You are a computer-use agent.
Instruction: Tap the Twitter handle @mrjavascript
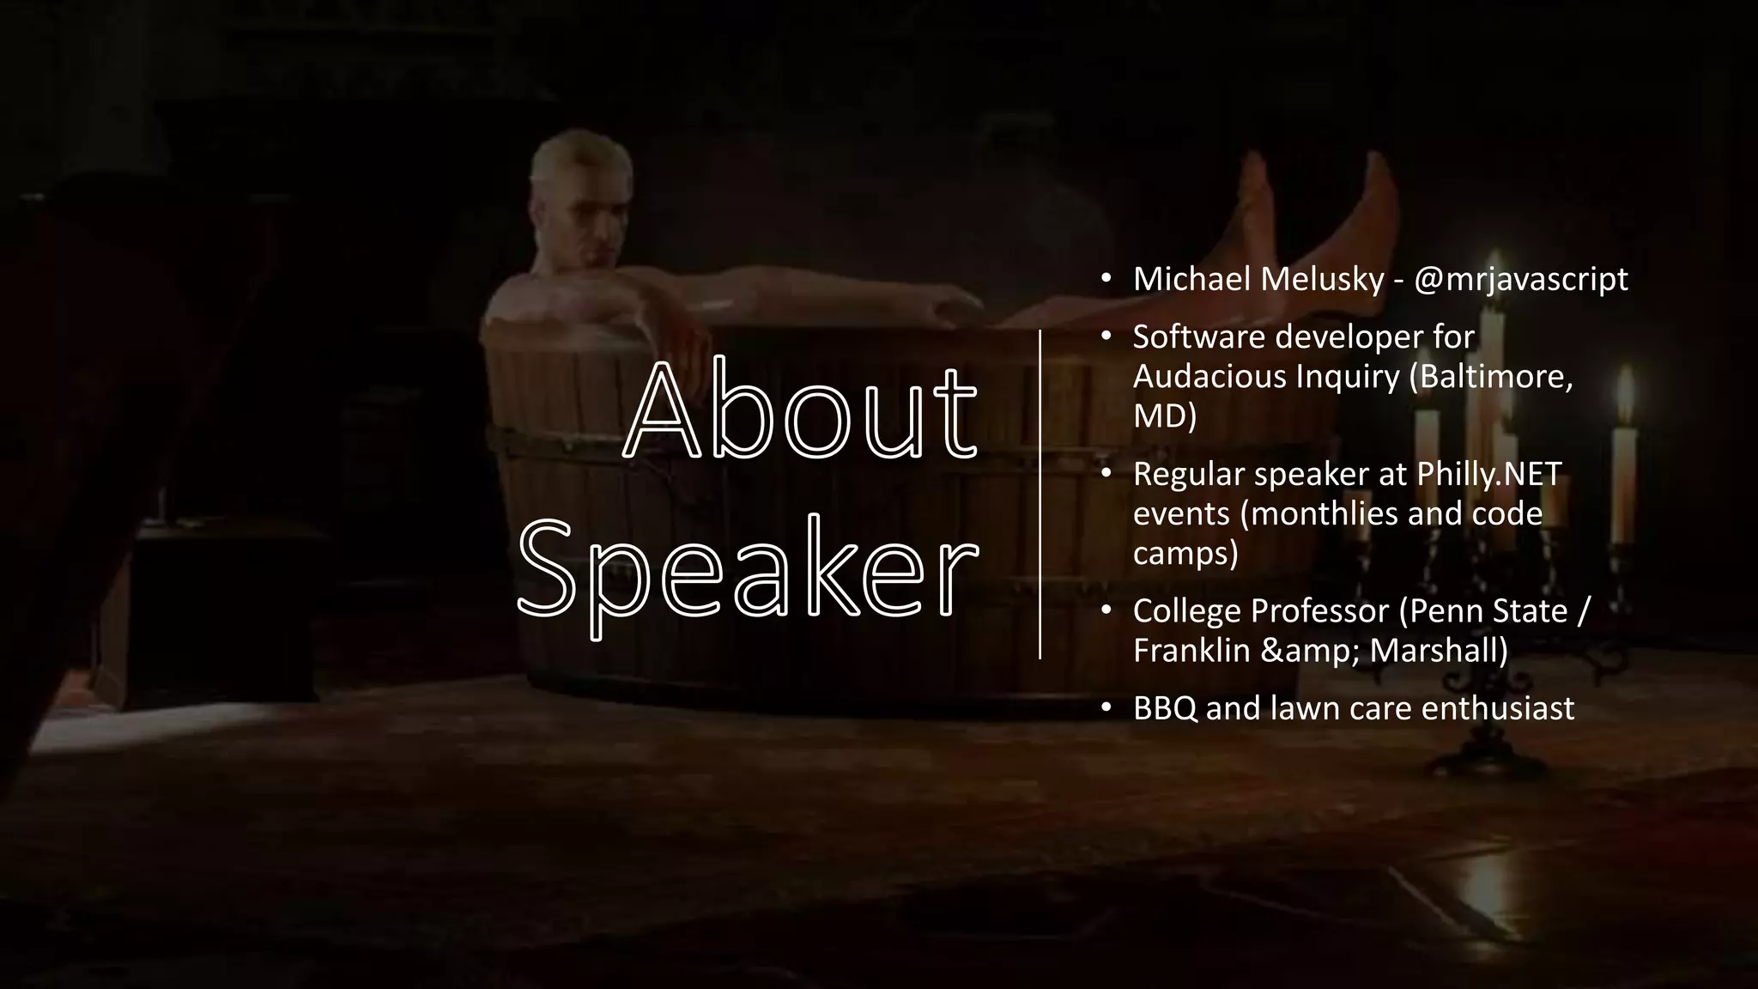point(1520,279)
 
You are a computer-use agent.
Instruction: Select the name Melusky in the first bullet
point(1322,279)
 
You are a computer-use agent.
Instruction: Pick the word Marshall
point(1439,650)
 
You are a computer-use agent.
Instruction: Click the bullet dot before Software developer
point(1106,337)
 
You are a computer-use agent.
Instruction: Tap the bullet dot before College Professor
point(1106,610)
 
